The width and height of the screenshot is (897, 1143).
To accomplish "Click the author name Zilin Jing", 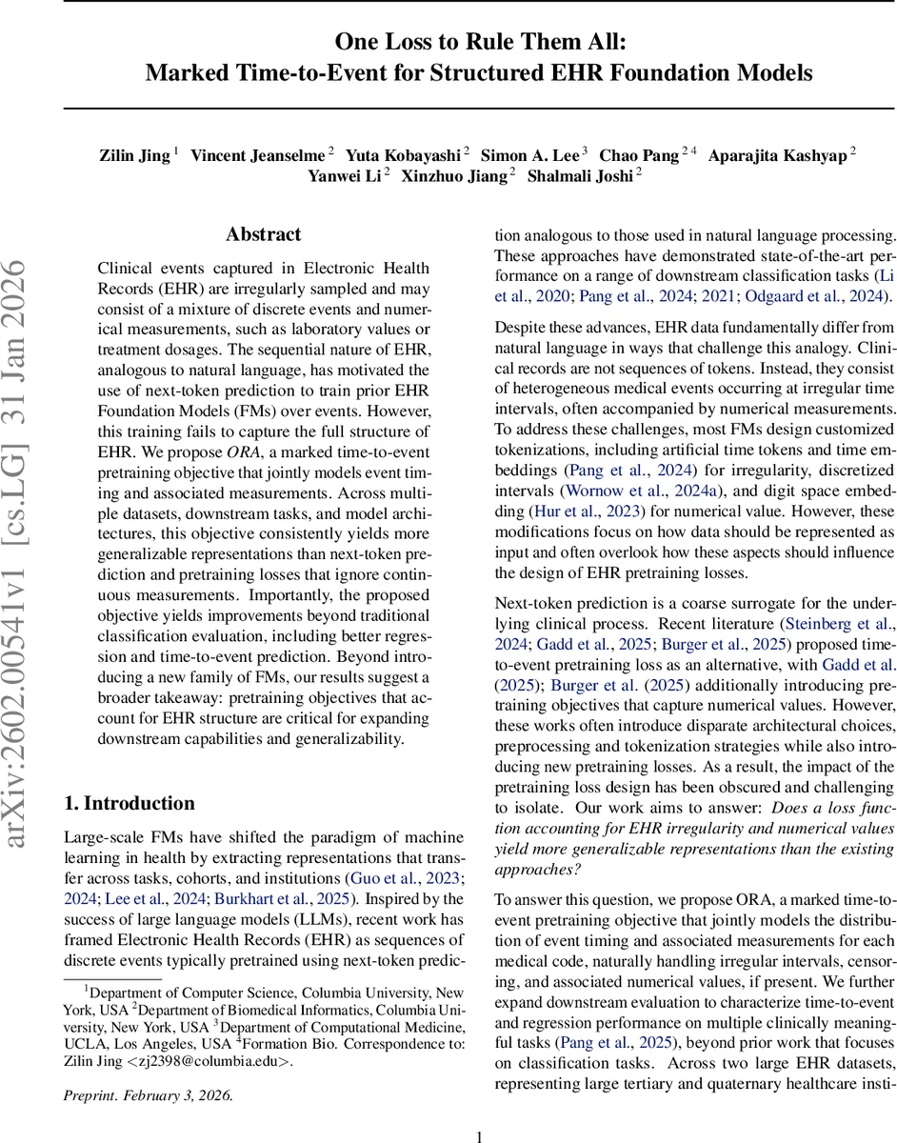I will tap(135, 155).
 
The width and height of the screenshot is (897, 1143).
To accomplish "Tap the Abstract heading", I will tap(264, 234).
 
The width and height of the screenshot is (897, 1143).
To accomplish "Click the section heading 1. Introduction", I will tap(129, 803).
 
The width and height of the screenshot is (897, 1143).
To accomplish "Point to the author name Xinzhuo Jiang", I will tap(455, 175).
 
